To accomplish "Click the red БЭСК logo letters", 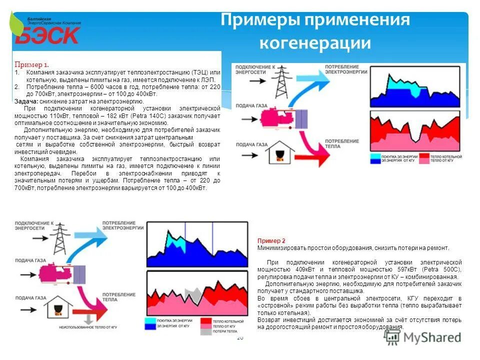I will (47, 35).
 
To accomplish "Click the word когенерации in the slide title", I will (314, 43).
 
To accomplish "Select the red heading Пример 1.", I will (31, 65).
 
